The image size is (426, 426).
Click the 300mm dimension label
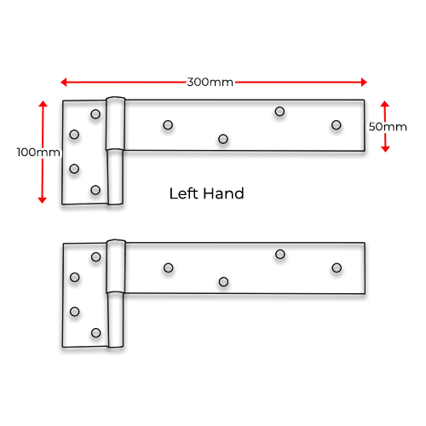pyautogui.click(x=210, y=82)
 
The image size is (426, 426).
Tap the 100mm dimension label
pyautogui.click(x=38, y=153)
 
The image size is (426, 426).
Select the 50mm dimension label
pyautogui.click(x=388, y=127)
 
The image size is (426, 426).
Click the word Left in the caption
pyautogui.click(x=183, y=193)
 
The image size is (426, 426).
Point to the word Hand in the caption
pyautogui.click(x=224, y=193)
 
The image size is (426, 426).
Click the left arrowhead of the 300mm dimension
pyautogui.click(x=63, y=82)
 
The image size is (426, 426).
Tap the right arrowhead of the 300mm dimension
pyautogui.click(x=364, y=82)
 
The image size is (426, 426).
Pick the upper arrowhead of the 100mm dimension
pyautogui.click(x=43, y=104)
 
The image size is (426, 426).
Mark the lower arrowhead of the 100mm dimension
pyautogui.click(x=42, y=200)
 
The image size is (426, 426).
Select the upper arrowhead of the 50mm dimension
pyautogui.click(x=385, y=104)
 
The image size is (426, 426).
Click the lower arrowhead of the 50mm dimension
pyautogui.click(x=385, y=149)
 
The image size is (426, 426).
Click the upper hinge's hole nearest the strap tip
pyautogui.click(x=337, y=125)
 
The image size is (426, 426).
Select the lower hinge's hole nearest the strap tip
pyautogui.click(x=337, y=268)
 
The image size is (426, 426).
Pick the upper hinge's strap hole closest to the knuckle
pyautogui.click(x=168, y=125)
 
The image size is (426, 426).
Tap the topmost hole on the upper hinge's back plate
pyautogui.click(x=95, y=114)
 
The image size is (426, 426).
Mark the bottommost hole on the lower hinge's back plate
pyautogui.click(x=96, y=333)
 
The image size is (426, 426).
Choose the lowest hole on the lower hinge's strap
pyautogui.click(x=223, y=282)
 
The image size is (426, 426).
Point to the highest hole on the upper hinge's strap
pyautogui.click(x=279, y=112)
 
